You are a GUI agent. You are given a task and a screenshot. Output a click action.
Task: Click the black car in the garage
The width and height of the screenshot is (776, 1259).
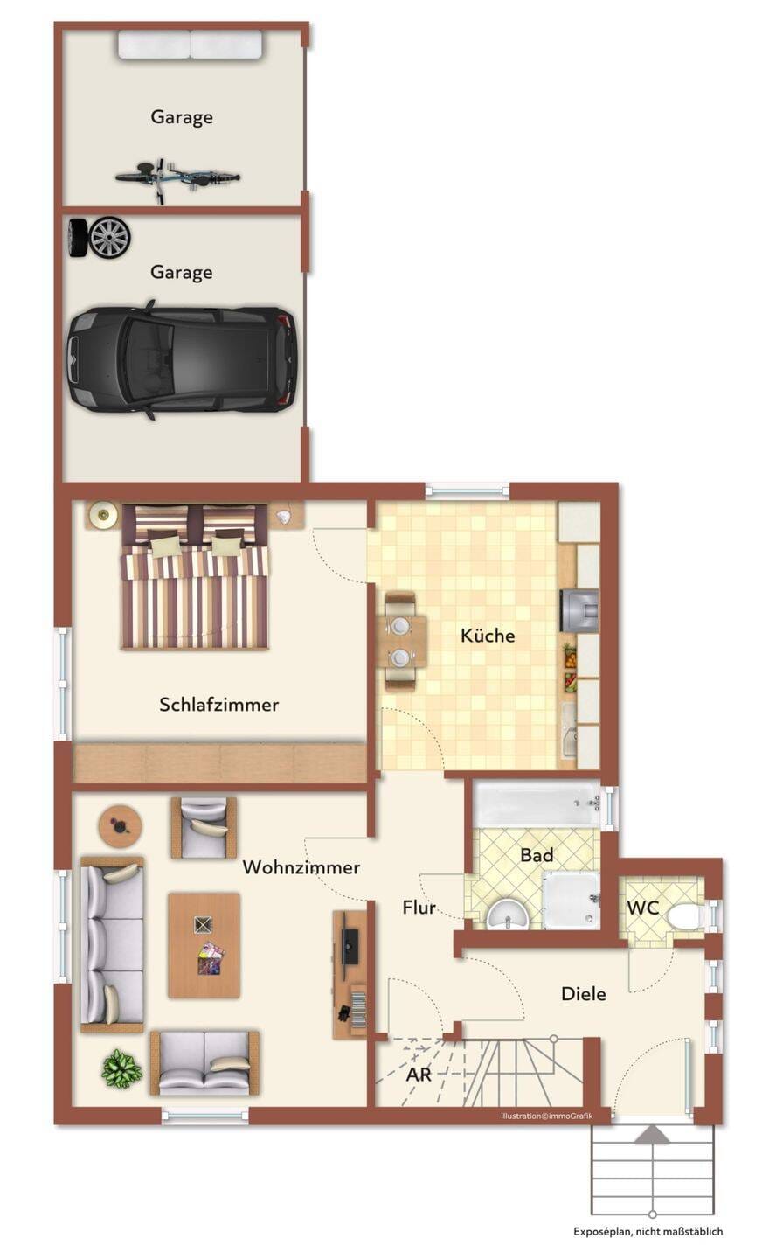[181, 359]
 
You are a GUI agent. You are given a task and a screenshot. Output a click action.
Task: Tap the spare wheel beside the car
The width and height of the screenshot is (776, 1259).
[101, 238]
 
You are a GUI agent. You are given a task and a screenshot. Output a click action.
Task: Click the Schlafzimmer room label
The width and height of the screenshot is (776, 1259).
[218, 705]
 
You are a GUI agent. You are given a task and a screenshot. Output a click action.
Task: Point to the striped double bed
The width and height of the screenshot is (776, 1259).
[194, 577]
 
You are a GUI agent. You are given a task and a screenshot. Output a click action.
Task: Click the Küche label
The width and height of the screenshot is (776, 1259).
[487, 635]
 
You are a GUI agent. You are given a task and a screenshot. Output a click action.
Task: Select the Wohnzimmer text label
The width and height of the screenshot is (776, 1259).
[301, 867]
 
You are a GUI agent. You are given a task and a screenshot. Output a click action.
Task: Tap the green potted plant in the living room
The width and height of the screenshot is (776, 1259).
[121, 1068]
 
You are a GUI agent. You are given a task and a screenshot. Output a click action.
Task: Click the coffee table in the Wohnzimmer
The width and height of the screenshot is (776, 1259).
[204, 945]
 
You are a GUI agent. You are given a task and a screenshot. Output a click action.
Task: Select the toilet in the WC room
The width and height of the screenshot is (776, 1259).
[685, 916]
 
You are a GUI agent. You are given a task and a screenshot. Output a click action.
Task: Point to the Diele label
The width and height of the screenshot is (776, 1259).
[583, 994]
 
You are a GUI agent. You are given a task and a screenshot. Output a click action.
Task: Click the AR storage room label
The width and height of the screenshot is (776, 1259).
[419, 1075]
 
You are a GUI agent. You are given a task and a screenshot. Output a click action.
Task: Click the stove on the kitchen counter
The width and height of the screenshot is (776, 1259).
[579, 610]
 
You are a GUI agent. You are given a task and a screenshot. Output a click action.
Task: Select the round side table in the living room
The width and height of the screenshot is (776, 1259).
[121, 827]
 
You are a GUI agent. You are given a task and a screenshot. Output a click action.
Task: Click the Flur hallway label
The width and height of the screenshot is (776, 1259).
[419, 908]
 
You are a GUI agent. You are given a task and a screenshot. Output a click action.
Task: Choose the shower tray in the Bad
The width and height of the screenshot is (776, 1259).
[570, 900]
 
